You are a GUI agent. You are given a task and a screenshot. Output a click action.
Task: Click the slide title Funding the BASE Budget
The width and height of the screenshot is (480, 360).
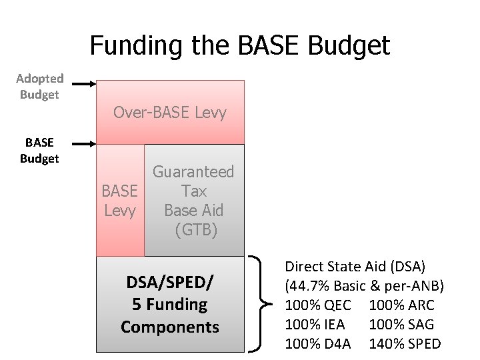[x=239, y=45]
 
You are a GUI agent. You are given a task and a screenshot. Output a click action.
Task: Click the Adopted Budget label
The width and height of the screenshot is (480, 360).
[x=39, y=87]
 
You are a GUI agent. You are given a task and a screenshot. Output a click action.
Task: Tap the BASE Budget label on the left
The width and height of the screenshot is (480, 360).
[x=39, y=151]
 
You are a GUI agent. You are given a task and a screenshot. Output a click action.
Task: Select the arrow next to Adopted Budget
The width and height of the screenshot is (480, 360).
[x=83, y=84]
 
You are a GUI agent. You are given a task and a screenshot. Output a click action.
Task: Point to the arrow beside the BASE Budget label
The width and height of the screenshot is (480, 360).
[x=83, y=143]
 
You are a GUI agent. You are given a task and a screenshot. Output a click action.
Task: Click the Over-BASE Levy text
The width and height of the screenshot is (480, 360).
[x=170, y=112]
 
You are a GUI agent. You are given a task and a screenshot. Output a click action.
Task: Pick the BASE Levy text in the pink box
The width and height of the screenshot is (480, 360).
[x=119, y=201]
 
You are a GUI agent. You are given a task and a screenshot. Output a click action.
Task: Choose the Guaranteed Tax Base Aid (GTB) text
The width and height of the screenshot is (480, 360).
[x=194, y=201]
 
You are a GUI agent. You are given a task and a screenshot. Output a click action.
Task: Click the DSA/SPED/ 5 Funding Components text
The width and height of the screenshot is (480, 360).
[x=170, y=305]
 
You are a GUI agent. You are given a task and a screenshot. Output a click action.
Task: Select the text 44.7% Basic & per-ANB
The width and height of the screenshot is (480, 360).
[x=364, y=285]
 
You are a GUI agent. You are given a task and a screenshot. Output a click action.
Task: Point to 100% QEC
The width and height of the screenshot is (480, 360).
[x=317, y=305]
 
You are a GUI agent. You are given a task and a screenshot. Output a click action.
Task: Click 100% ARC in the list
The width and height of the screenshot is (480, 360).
[x=401, y=305]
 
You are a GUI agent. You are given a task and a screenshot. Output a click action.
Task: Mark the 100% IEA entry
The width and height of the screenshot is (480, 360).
[x=316, y=324]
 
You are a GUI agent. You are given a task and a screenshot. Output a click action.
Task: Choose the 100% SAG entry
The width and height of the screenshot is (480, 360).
[x=401, y=324]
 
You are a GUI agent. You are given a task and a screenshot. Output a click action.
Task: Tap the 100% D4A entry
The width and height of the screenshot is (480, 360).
[x=317, y=343]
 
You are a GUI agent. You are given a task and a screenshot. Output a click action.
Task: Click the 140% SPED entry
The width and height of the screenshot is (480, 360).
[x=405, y=343]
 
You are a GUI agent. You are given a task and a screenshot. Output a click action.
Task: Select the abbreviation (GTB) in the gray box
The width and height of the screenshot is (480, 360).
[x=195, y=230]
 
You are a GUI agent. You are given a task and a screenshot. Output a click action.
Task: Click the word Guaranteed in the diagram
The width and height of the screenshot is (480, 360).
[x=194, y=172]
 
